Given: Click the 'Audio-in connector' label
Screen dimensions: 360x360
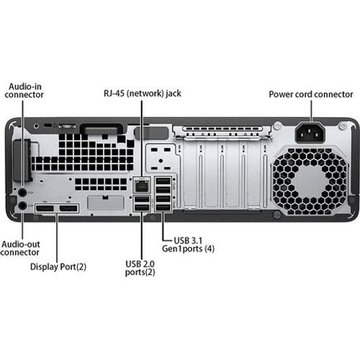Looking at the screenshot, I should tap(26, 90).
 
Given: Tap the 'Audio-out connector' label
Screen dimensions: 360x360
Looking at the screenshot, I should tap(20, 248).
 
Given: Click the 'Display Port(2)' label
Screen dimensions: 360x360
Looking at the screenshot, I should tap(58, 266).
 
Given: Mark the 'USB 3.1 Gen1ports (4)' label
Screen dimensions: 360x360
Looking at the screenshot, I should tap(189, 243).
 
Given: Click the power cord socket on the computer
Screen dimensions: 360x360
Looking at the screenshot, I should tap(310, 133).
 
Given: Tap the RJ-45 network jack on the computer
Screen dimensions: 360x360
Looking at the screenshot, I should tap(141, 184).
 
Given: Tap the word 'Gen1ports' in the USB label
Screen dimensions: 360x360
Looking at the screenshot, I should tap(183, 248).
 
